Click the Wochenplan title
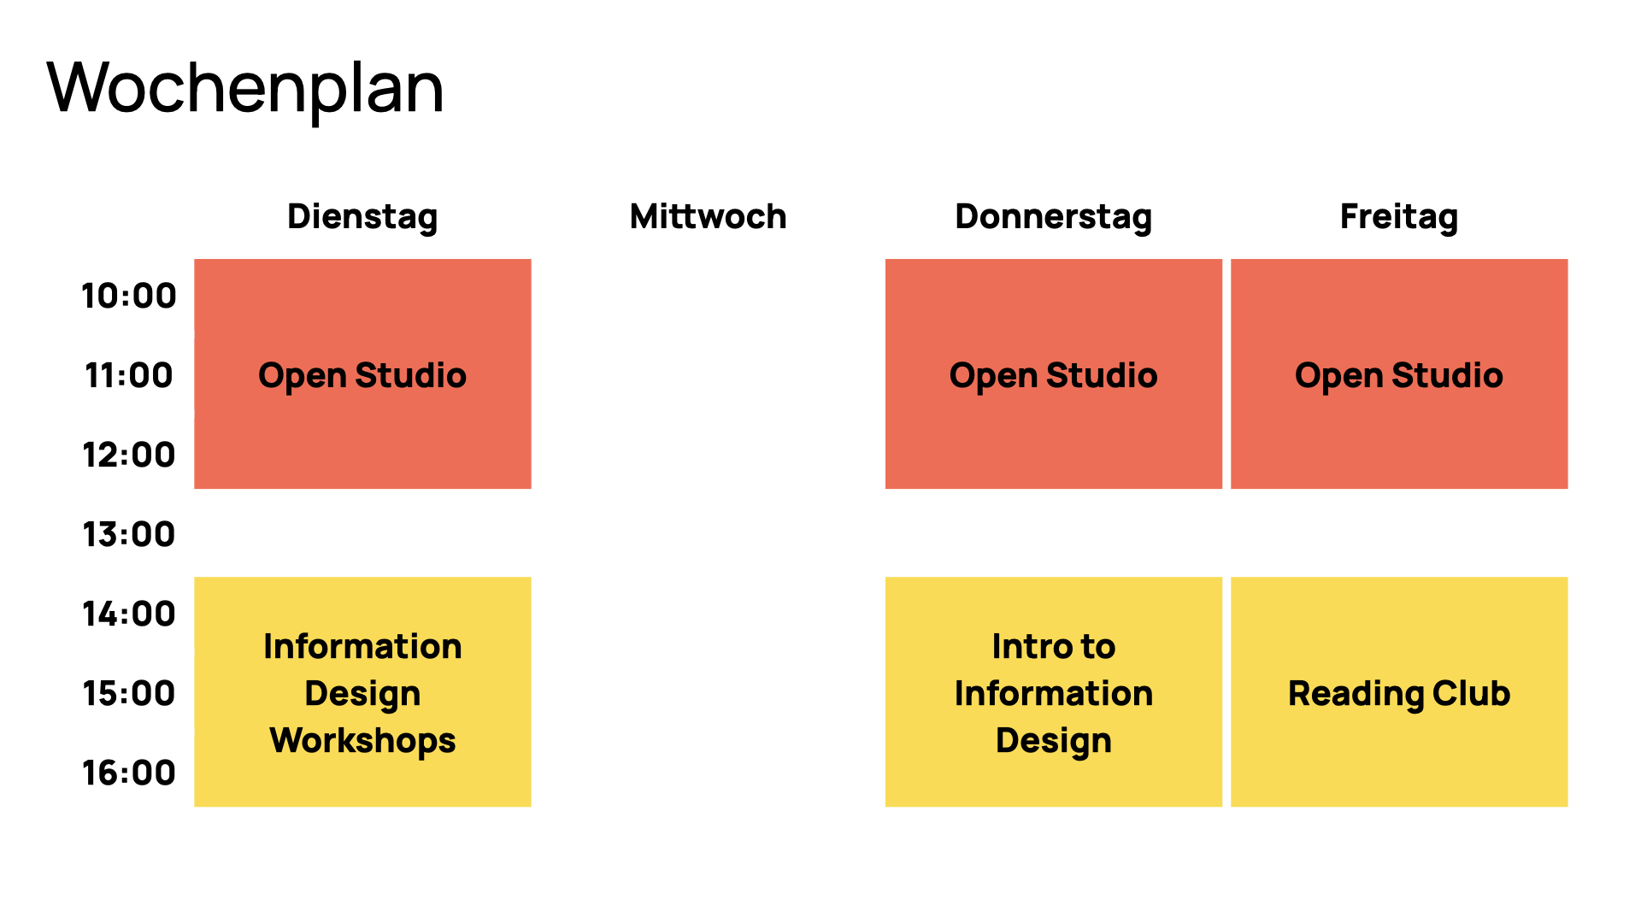click(x=245, y=89)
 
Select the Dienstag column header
click(x=362, y=217)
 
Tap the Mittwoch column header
click(x=708, y=216)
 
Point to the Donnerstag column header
click(x=1053, y=217)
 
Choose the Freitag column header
click(x=1399, y=217)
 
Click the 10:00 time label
click(x=129, y=296)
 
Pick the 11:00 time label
click(x=129, y=375)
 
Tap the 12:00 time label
click(x=129, y=455)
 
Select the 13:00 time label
click(x=129, y=534)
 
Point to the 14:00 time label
click(x=129, y=614)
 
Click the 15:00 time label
click(x=129, y=693)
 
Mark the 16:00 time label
click(x=129, y=773)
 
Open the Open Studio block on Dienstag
click(x=362, y=373)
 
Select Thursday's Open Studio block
click(x=1054, y=373)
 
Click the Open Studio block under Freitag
click(x=1399, y=373)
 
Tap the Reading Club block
click(x=1399, y=691)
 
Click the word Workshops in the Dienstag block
click(x=362, y=741)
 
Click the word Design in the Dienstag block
click(x=362, y=694)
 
